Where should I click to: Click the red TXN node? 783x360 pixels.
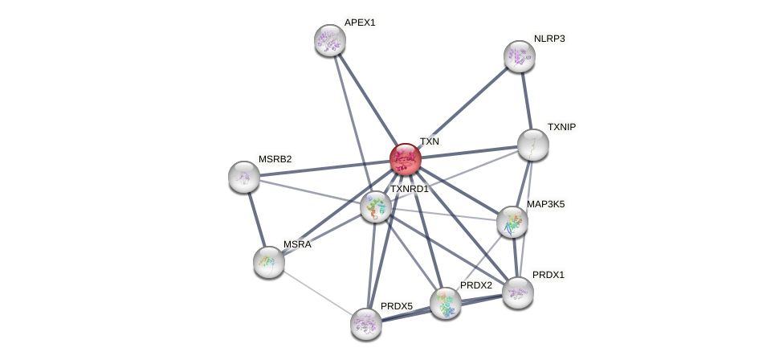pos(406,158)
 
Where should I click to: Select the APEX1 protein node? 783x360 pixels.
pos(329,39)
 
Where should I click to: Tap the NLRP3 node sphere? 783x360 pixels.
pos(520,55)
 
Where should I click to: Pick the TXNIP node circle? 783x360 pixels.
pos(532,144)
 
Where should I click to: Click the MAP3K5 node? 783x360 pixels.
pos(512,222)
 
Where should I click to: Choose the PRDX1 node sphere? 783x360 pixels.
pos(518,292)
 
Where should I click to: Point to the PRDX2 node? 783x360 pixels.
pos(446,303)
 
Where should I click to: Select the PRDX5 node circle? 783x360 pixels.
pos(366,323)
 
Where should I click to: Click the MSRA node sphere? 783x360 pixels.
pos(269,261)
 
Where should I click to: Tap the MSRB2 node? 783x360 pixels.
pos(244,176)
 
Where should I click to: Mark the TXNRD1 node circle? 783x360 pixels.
pos(375,207)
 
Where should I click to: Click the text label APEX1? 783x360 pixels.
pos(359,22)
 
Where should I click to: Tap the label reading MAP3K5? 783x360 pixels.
pos(545,204)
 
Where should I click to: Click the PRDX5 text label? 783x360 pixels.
pos(396,306)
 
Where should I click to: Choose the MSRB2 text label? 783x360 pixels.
pos(275,159)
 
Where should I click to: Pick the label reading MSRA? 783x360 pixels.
pos(296,244)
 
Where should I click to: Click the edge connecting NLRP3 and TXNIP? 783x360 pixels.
pos(527,100)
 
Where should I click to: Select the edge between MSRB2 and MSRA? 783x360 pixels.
pos(257,219)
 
